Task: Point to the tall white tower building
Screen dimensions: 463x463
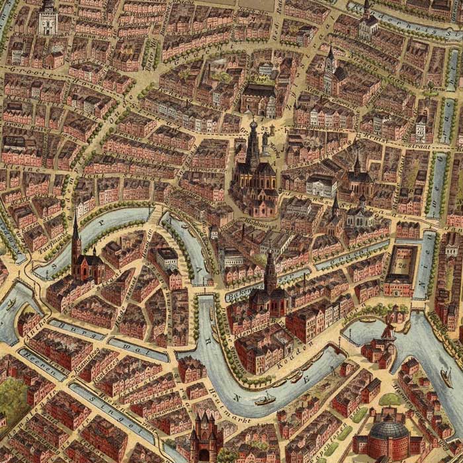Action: coord(48,18)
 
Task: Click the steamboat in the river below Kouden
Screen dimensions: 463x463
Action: coord(265,399)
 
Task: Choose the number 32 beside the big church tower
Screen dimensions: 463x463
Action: coord(267,130)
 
